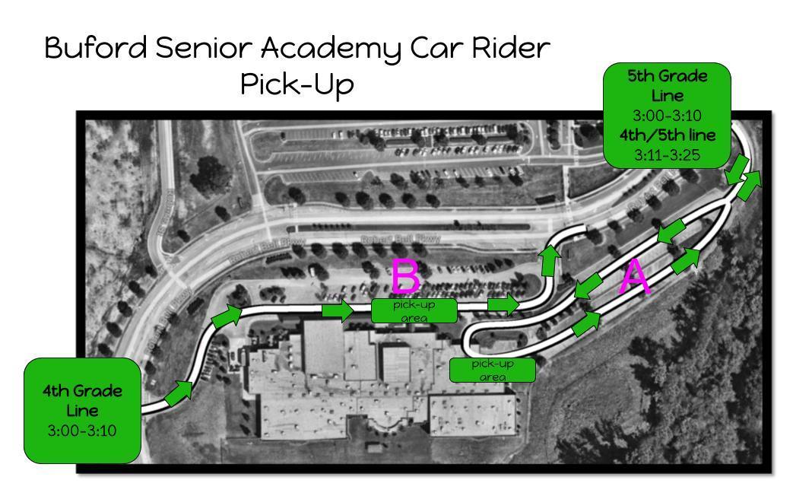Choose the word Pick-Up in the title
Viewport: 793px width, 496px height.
click(297, 86)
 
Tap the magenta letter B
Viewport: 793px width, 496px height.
click(406, 276)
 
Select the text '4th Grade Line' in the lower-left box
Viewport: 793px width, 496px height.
click(83, 400)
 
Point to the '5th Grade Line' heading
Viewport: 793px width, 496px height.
click(668, 87)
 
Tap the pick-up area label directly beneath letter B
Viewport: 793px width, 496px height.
click(415, 310)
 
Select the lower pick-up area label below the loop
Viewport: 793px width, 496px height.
click(493, 370)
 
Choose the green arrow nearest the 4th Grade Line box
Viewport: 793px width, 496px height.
click(179, 392)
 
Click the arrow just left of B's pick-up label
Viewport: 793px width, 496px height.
click(338, 310)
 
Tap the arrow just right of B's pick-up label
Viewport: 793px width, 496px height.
click(502, 304)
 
